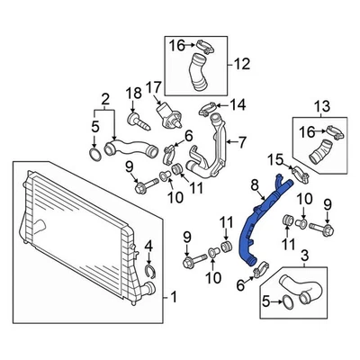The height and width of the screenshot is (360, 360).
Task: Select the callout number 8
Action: (x=255, y=186)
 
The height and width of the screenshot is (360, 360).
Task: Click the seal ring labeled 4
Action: (x=149, y=269)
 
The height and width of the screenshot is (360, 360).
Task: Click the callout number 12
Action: (x=240, y=64)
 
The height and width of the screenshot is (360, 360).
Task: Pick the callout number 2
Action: (x=105, y=97)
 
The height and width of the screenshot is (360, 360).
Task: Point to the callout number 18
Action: (x=132, y=94)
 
